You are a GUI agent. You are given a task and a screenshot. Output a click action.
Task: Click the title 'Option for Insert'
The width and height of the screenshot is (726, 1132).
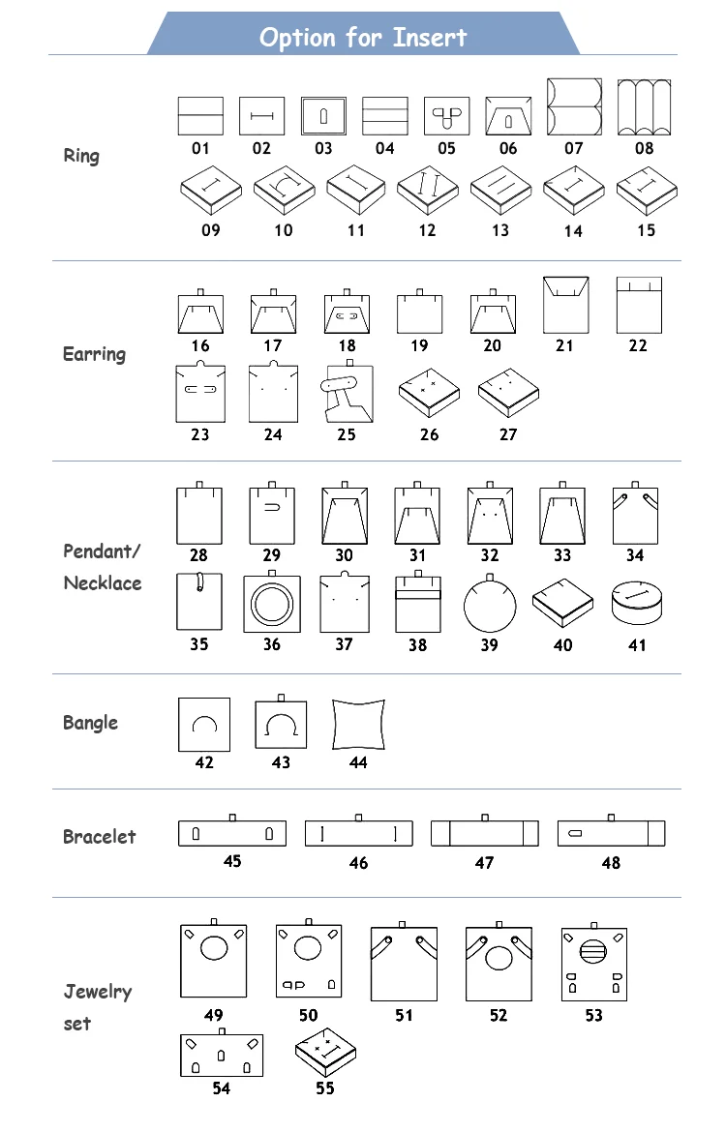(363, 38)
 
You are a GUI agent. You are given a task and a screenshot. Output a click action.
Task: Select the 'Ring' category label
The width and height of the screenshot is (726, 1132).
(81, 156)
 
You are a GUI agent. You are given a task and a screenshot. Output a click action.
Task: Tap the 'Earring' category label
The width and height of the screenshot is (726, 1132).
(94, 354)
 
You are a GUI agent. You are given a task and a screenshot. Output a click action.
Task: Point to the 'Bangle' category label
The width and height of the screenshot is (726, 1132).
(90, 723)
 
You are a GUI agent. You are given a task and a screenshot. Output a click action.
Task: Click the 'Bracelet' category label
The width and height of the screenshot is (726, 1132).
(100, 837)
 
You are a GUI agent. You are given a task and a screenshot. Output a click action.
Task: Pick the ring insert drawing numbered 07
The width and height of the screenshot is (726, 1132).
(574, 107)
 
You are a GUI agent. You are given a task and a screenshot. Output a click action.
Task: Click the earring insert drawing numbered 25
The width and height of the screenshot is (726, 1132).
(346, 393)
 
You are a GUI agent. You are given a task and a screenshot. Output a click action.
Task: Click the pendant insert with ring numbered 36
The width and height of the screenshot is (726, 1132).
(272, 604)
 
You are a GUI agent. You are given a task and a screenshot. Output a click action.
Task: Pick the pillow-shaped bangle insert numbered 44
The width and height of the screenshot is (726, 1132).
(358, 724)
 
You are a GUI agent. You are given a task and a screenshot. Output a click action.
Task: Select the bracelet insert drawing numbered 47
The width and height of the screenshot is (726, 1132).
(484, 833)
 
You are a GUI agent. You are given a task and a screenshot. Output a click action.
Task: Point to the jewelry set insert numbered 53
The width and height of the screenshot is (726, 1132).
(593, 963)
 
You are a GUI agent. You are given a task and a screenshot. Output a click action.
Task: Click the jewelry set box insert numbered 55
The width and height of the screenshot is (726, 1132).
(325, 1054)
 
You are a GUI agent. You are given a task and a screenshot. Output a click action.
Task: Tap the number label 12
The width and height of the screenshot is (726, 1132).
(428, 230)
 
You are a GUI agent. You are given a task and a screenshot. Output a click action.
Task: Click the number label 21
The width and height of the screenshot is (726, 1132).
(564, 345)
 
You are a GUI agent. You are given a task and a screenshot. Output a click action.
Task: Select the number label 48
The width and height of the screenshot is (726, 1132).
(611, 862)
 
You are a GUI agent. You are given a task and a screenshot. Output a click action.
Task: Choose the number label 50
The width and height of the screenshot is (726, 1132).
(308, 1015)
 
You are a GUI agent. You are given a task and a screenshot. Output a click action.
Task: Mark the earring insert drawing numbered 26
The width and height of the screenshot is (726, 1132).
(429, 390)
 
